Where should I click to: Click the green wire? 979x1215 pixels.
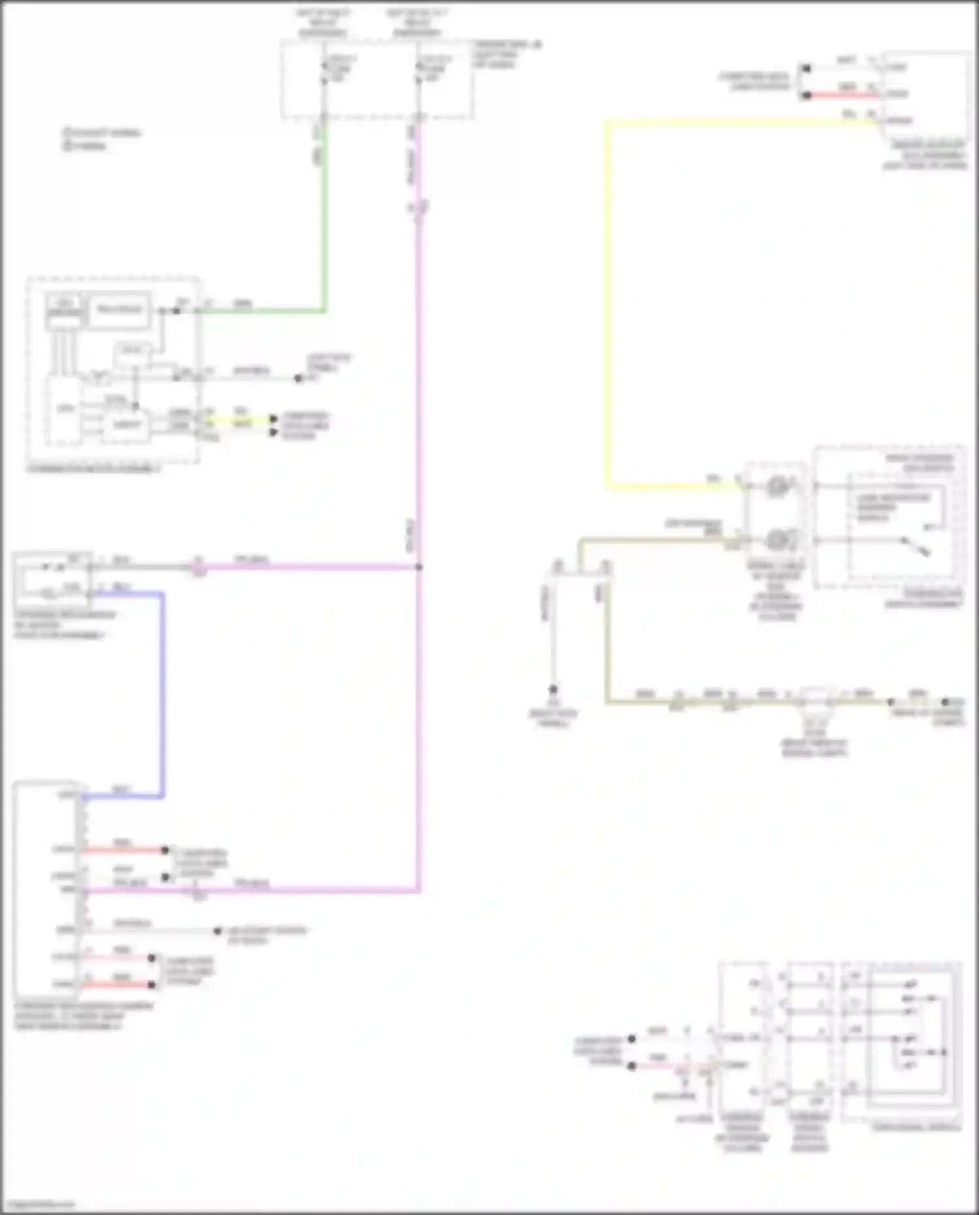click(x=324, y=215)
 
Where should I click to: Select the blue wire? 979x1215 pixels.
click(x=162, y=692)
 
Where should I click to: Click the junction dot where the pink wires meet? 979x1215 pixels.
click(x=418, y=567)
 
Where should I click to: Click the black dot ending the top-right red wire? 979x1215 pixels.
click(x=807, y=95)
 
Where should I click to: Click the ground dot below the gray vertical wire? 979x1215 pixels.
click(x=553, y=689)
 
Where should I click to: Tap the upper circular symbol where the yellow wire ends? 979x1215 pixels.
click(x=777, y=486)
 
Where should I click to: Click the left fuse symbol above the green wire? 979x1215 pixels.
click(x=324, y=69)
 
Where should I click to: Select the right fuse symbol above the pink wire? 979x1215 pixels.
click(x=419, y=69)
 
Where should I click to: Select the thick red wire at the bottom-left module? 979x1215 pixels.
click(x=117, y=984)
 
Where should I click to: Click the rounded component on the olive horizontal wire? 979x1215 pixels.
click(x=815, y=699)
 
